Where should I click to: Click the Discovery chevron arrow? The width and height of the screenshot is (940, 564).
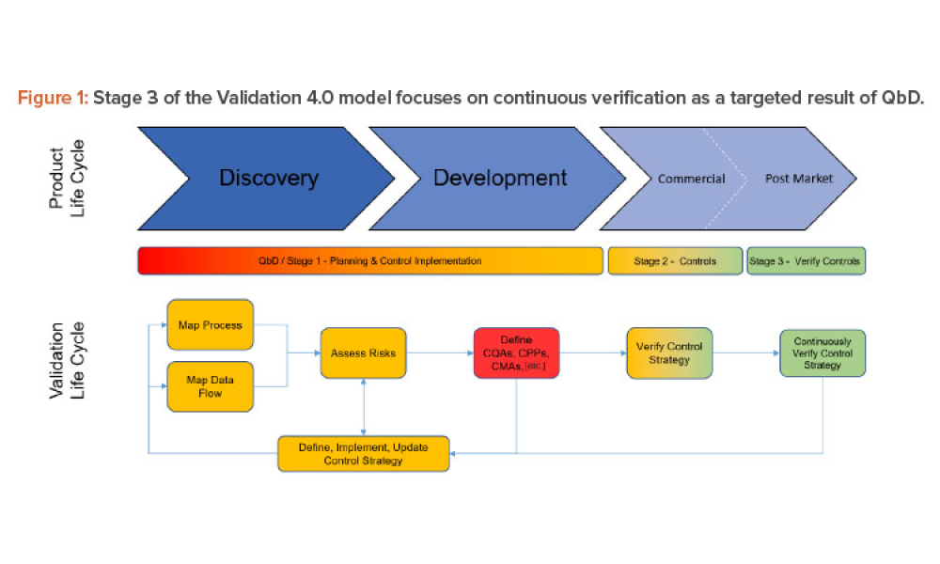[x=268, y=178]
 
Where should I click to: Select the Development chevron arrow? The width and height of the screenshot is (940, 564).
[x=499, y=178]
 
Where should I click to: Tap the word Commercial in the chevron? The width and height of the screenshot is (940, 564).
[x=691, y=179]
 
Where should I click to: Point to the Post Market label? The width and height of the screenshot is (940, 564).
[x=799, y=179]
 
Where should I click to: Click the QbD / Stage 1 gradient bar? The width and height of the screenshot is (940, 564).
[x=369, y=260]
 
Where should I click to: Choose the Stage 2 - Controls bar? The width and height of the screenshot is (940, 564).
[x=675, y=260]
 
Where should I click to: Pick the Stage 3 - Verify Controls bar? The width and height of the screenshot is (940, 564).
[x=806, y=260]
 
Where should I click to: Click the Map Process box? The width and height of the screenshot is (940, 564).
[x=210, y=325]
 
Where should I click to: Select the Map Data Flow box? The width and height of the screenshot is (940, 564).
[x=210, y=386]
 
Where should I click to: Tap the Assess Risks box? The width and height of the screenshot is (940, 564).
[x=363, y=353]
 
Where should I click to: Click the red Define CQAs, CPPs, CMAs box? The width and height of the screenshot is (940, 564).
[x=516, y=353]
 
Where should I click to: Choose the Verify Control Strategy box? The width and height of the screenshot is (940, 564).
[x=669, y=353]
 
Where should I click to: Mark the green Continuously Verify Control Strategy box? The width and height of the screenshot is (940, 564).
[x=822, y=353]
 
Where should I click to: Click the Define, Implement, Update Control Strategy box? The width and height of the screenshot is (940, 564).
[x=363, y=453]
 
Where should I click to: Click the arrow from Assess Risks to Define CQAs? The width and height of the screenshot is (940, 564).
[x=439, y=353]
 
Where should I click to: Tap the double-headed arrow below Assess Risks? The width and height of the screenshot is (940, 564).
[x=363, y=408]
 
